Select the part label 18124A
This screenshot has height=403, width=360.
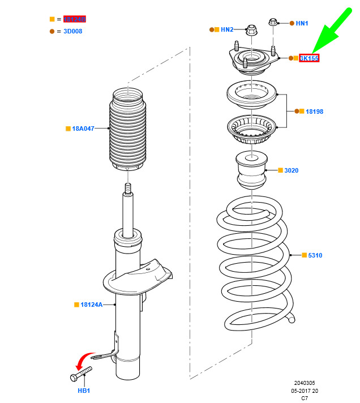click(91, 305)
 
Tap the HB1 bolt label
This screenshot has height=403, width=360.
click(84, 391)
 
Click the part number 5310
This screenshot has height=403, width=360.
click(315, 256)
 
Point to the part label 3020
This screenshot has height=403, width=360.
click(291, 170)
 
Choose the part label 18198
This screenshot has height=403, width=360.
click(314, 112)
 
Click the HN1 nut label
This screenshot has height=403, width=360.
click(302, 23)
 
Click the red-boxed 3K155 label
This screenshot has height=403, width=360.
click(309, 58)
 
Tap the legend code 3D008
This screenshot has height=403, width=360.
click(72, 31)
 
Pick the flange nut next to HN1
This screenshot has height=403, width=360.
click(273, 23)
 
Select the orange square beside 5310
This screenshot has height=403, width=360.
click(303, 256)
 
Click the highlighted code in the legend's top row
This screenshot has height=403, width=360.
click(74, 19)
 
